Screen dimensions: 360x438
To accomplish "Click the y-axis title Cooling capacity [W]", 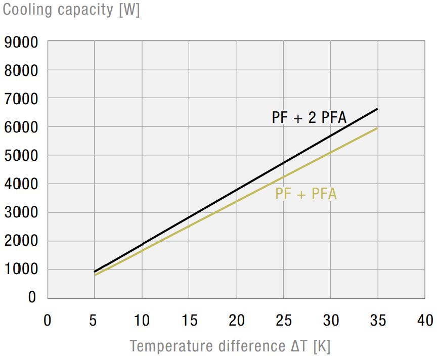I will pos(71,10).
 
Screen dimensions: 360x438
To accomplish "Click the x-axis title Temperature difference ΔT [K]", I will pos(230,346).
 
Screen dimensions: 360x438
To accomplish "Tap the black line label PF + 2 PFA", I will pos(309,118).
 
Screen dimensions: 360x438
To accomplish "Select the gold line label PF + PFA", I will pos(306,194).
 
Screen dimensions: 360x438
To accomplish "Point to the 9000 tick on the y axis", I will pos(21,42).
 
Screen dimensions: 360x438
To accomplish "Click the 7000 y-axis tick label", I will pos(21,99).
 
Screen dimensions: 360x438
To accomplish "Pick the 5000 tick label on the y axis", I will pos(21,156).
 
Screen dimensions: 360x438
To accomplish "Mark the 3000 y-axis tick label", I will pos(21,212).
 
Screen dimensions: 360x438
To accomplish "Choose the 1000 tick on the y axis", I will pos(21,269).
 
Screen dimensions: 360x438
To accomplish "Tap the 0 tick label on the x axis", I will pos(48,320).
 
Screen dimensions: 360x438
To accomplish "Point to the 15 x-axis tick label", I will pos(189,320).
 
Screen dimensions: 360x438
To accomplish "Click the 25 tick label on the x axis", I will pos(283,320).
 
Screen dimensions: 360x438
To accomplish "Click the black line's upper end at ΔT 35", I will pos(377,109).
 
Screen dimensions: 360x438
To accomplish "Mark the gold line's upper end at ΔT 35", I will pos(377,128).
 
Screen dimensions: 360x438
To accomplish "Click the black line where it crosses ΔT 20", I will pos(236,191).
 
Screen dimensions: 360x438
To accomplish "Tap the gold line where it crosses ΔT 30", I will pos(330,152).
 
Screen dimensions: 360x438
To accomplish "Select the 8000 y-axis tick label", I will pos(21,71).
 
